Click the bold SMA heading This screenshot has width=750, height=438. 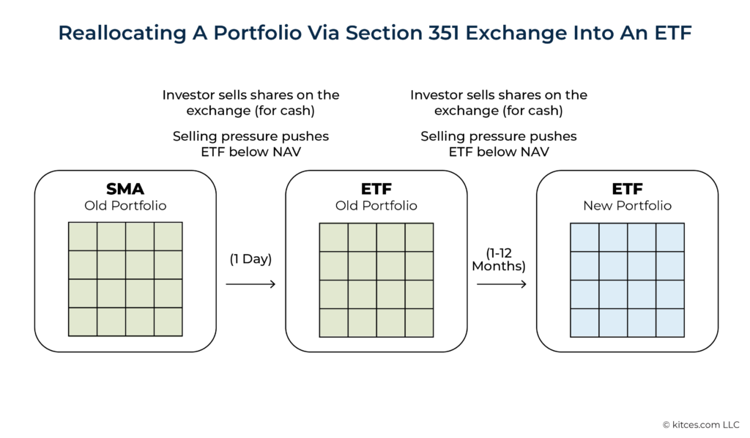tap(125, 190)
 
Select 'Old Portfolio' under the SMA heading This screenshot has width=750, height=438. tap(125, 206)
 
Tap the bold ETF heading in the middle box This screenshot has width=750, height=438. tap(376, 190)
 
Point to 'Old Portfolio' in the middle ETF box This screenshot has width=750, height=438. tap(376, 206)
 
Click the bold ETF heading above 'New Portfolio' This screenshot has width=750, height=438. tap(627, 190)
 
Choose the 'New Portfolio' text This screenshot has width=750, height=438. tap(627, 206)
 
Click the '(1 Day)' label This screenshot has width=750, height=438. tap(250, 259)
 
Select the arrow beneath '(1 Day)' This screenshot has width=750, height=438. tap(250, 283)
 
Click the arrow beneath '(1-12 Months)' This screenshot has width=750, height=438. tap(502, 283)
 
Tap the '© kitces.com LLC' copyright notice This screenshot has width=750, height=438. tap(701, 424)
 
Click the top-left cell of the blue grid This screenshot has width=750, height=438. tap(584, 237)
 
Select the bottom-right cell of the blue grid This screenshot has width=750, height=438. tap(670, 322)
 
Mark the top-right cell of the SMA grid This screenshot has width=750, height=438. tap(168, 237)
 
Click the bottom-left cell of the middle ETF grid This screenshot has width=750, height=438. tap(334, 322)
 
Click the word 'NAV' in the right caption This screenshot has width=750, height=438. tap(535, 152)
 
